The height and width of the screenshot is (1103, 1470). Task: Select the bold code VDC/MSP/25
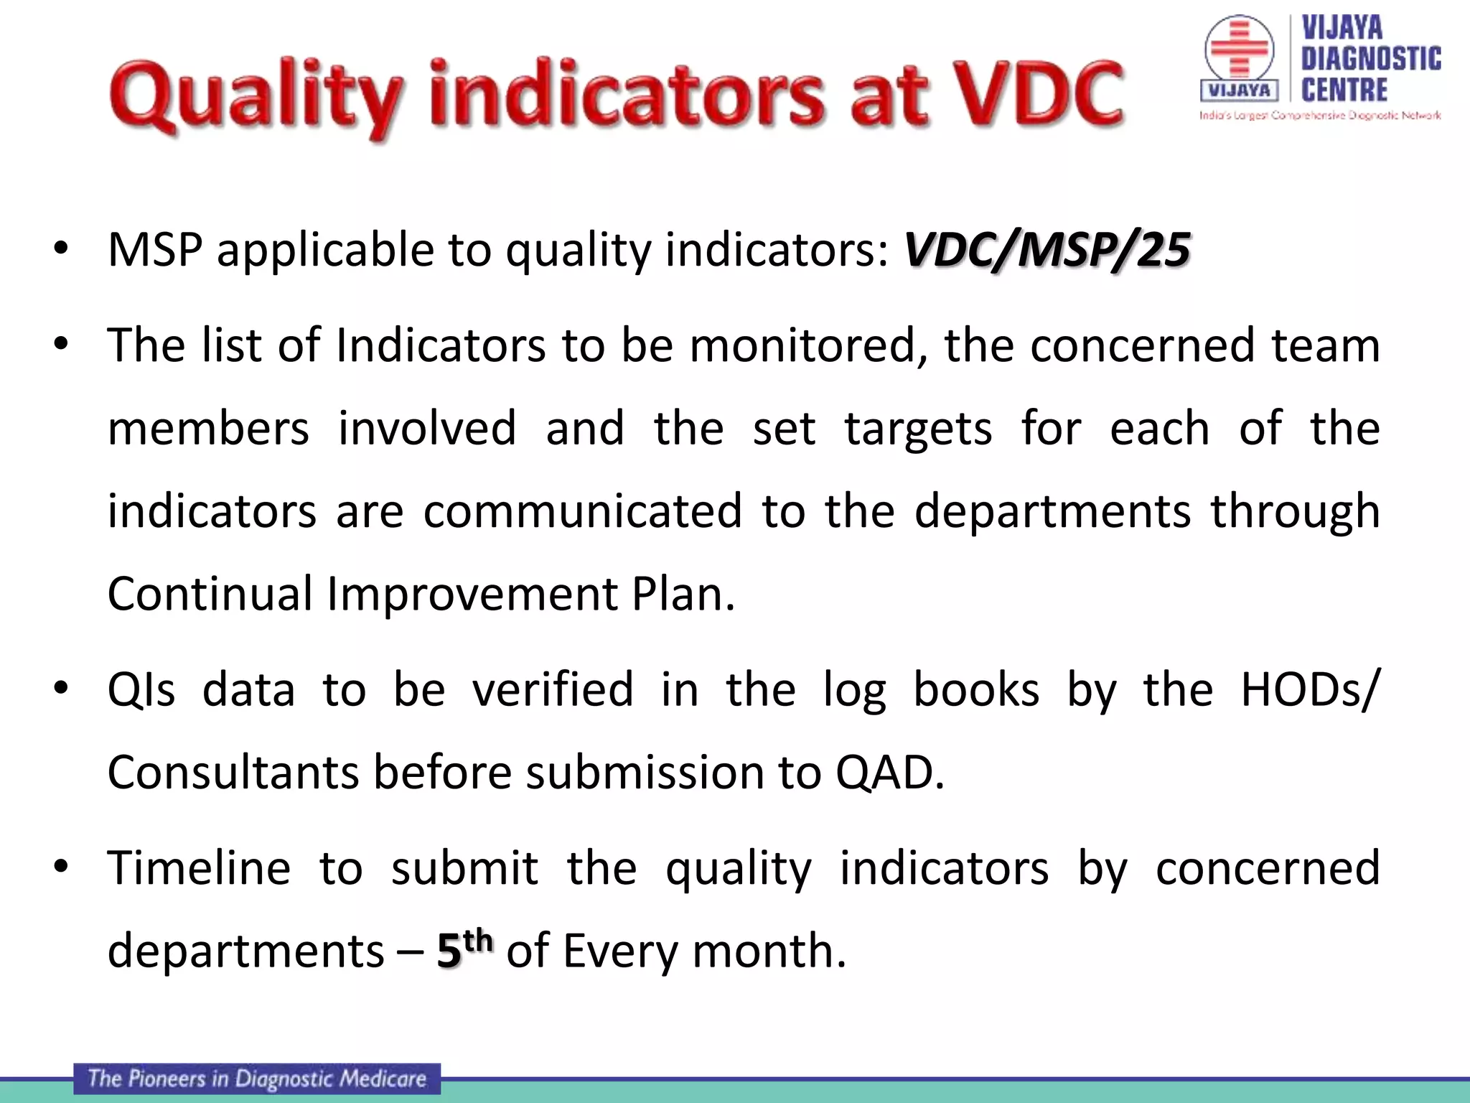coord(1047,251)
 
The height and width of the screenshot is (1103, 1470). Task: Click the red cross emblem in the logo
coord(1238,49)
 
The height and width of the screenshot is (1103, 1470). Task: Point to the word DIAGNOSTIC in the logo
coord(1371,59)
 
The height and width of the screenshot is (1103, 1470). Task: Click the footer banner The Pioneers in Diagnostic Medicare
coord(257,1079)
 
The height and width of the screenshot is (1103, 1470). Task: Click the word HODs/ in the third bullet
coord(1309,689)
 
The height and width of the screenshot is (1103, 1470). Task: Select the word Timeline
coord(199,867)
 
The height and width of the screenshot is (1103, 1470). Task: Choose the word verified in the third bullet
coord(553,689)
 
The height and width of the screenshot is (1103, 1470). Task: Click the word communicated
coord(582,511)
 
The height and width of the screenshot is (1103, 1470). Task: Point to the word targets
coord(918,429)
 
